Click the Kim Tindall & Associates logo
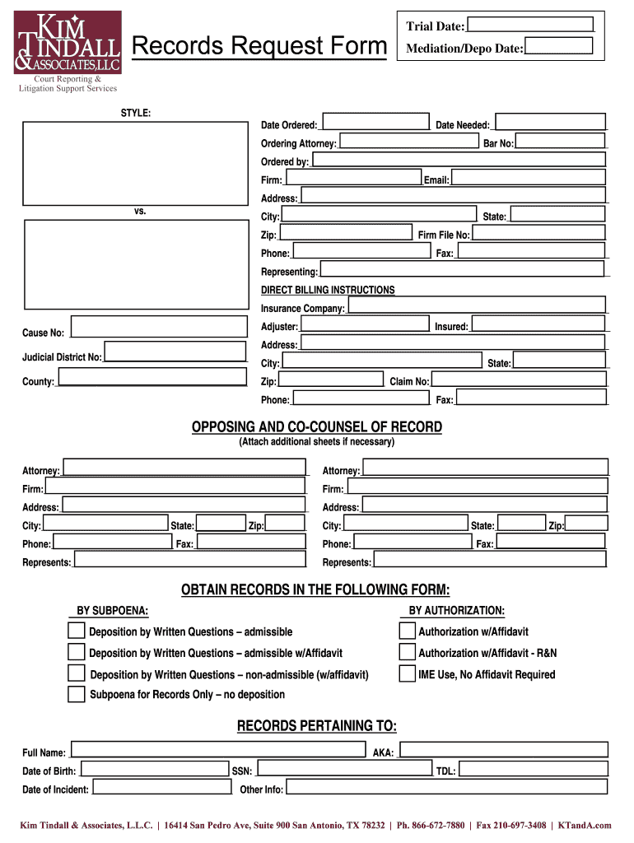pyautogui.click(x=68, y=43)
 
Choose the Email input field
pyautogui.click(x=528, y=178)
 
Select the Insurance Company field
pyautogui.click(x=477, y=305)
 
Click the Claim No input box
pyautogui.click(x=519, y=380)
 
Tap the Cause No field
pyautogui.click(x=159, y=327)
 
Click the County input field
pyautogui.click(x=152, y=378)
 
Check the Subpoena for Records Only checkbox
pyautogui.click(x=76, y=694)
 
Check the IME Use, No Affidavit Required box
pyautogui.click(x=407, y=674)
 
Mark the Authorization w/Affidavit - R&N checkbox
pyautogui.click(x=407, y=652)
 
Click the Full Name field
pyautogui.click(x=217, y=750)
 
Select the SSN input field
pyautogui.click(x=343, y=769)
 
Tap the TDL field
pyautogui.click(x=532, y=769)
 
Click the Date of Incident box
pyautogui.click(x=161, y=787)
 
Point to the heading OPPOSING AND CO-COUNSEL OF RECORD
pyautogui.click(x=317, y=427)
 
